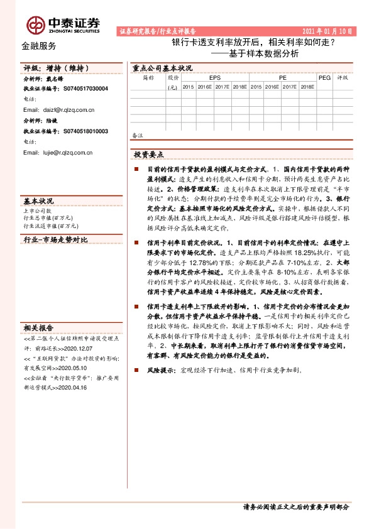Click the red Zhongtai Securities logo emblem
click(35, 24)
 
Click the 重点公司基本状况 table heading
click(158, 68)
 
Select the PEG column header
click(324, 78)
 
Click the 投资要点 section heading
click(148, 154)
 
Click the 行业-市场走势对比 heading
click(55, 241)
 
